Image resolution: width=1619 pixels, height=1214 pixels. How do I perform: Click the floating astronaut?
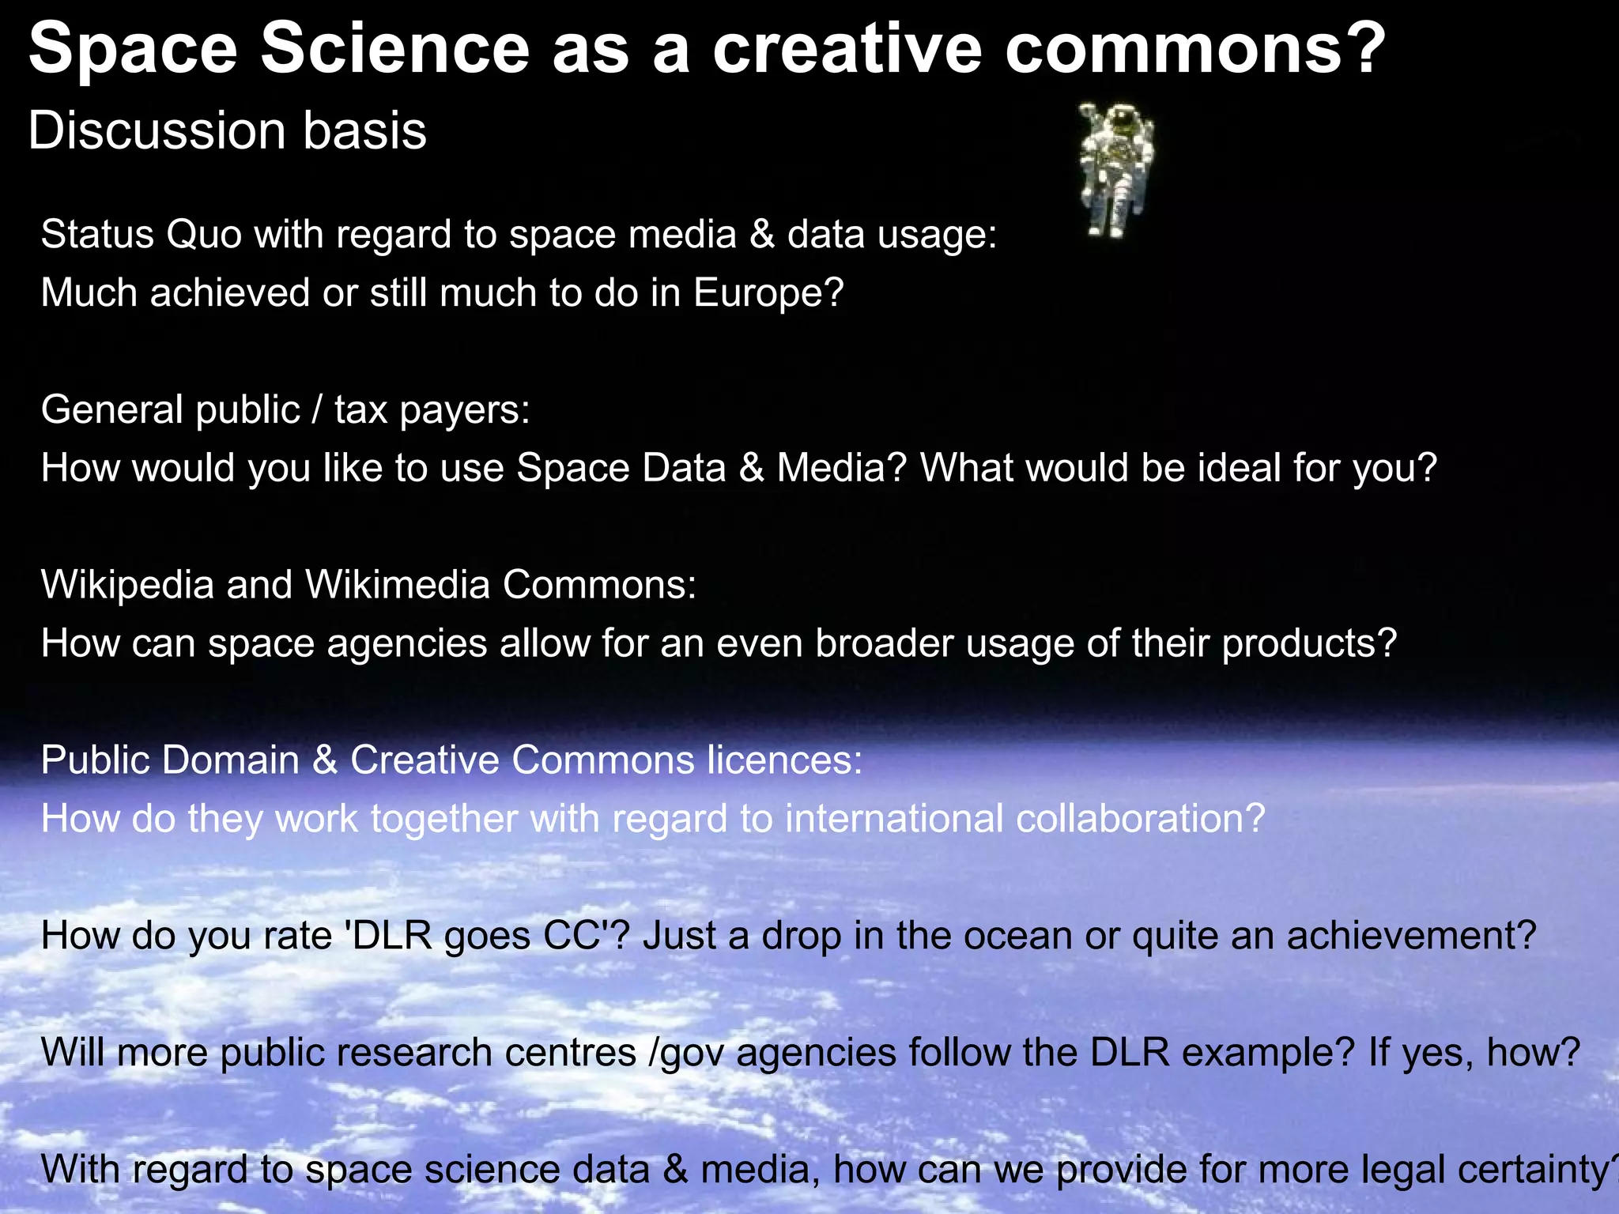pyautogui.click(x=1116, y=168)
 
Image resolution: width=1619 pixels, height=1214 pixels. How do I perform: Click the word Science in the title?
pyautogui.click(x=395, y=49)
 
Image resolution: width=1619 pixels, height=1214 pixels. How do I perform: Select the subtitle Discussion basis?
pyautogui.click(x=228, y=130)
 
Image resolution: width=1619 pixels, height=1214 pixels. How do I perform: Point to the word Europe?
pyautogui.click(x=768, y=293)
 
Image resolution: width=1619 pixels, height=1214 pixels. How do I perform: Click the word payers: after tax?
pyautogui.click(x=465, y=410)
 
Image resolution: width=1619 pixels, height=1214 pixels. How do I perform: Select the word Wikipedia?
pyautogui.click(x=127, y=585)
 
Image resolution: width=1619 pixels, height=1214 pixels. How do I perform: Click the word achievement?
pyautogui.click(x=1412, y=936)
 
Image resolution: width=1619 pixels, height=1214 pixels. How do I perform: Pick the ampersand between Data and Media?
pyautogui.click(x=752, y=468)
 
